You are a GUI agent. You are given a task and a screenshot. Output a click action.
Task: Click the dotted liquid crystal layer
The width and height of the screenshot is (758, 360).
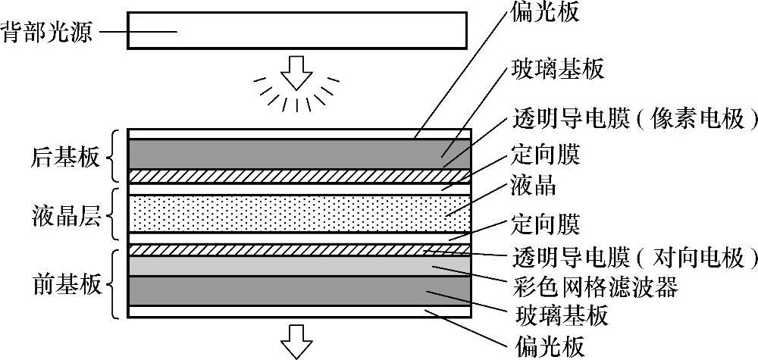[299, 213]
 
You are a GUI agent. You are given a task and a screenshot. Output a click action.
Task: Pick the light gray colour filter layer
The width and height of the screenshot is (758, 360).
[299, 265]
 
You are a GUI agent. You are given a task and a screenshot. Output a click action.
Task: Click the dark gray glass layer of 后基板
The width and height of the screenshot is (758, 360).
[299, 154]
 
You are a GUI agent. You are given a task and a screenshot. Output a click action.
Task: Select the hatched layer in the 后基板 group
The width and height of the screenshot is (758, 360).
[299, 176]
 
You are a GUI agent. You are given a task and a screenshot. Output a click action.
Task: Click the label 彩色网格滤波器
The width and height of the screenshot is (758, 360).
[594, 286]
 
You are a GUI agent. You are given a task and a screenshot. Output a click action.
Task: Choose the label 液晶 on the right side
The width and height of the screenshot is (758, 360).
[535, 185]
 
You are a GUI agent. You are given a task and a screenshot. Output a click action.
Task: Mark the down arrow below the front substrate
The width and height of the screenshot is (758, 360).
[297, 341]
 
